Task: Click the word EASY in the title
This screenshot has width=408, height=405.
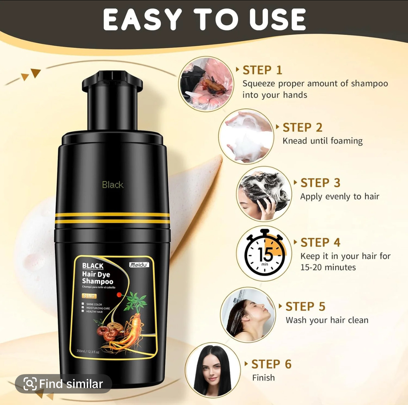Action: click(142, 19)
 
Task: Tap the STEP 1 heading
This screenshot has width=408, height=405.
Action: click(262, 70)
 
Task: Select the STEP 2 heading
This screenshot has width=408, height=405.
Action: click(302, 127)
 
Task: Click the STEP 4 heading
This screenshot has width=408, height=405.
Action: click(320, 242)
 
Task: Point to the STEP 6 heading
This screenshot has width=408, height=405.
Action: click(271, 364)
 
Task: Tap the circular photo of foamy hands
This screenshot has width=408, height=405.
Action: click(246, 136)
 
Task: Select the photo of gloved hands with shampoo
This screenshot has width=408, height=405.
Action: click(206, 83)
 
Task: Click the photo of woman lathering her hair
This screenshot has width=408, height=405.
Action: click(264, 194)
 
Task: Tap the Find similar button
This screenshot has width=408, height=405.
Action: click(63, 384)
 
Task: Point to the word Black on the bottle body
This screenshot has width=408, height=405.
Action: click(113, 185)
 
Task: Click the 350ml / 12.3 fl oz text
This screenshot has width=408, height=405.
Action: click(88, 352)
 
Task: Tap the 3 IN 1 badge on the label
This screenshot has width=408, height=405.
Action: click(89, 296)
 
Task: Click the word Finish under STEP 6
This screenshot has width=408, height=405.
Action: click(263, 377)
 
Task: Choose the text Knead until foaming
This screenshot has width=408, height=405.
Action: click(322, 141)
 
